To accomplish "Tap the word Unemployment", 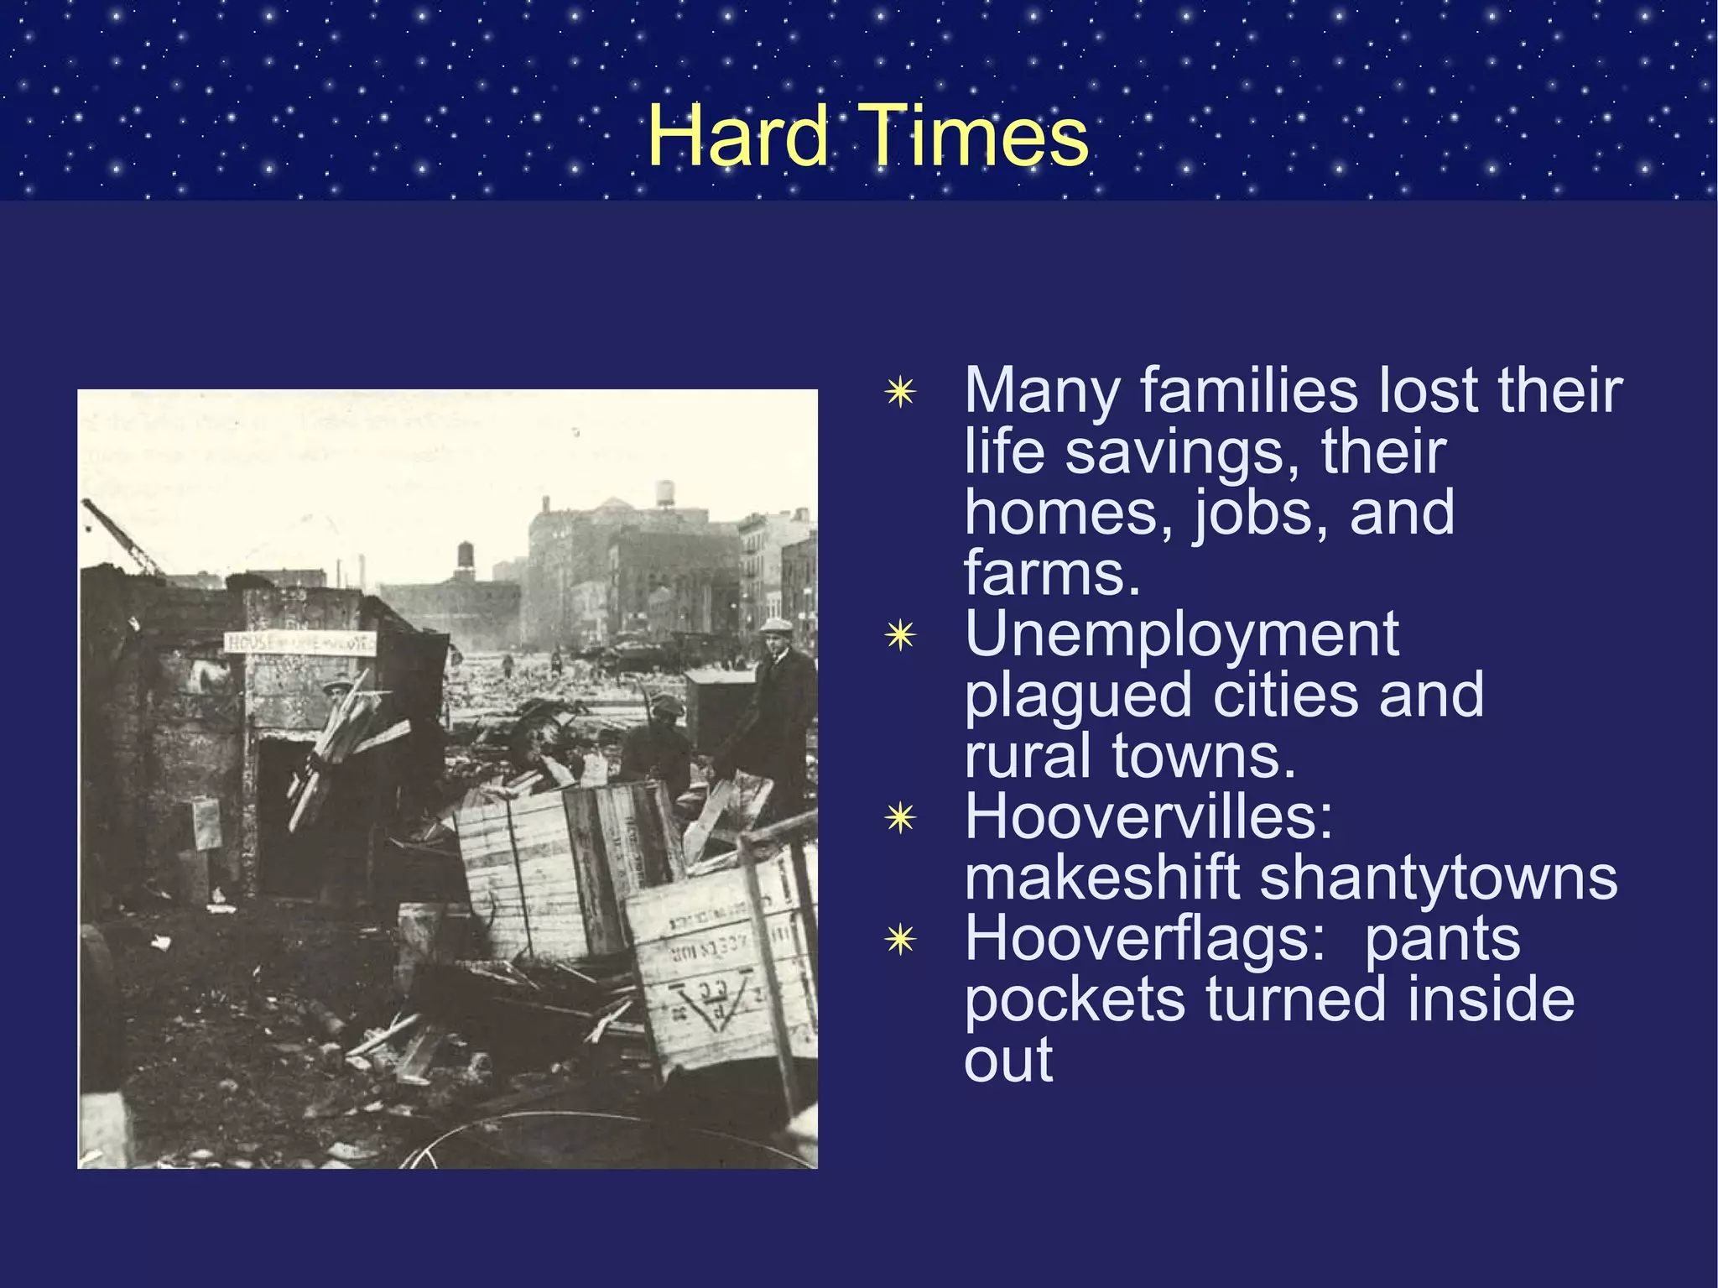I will [1181, 634].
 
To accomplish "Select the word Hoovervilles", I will [1148, 816].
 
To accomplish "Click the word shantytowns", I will [1438, 878].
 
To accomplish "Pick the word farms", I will [1052, 574].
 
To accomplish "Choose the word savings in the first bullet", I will [1183, 453].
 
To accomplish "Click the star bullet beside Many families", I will [900, 392].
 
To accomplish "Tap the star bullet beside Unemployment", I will [900, 636].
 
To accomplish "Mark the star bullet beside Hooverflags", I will [900, 940].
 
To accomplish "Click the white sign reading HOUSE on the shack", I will [299, 643].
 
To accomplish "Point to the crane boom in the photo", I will [122, 537].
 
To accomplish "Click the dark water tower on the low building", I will [465, 559].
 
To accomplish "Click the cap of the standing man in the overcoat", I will [776, 625].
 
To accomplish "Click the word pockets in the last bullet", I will [1075, 999].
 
